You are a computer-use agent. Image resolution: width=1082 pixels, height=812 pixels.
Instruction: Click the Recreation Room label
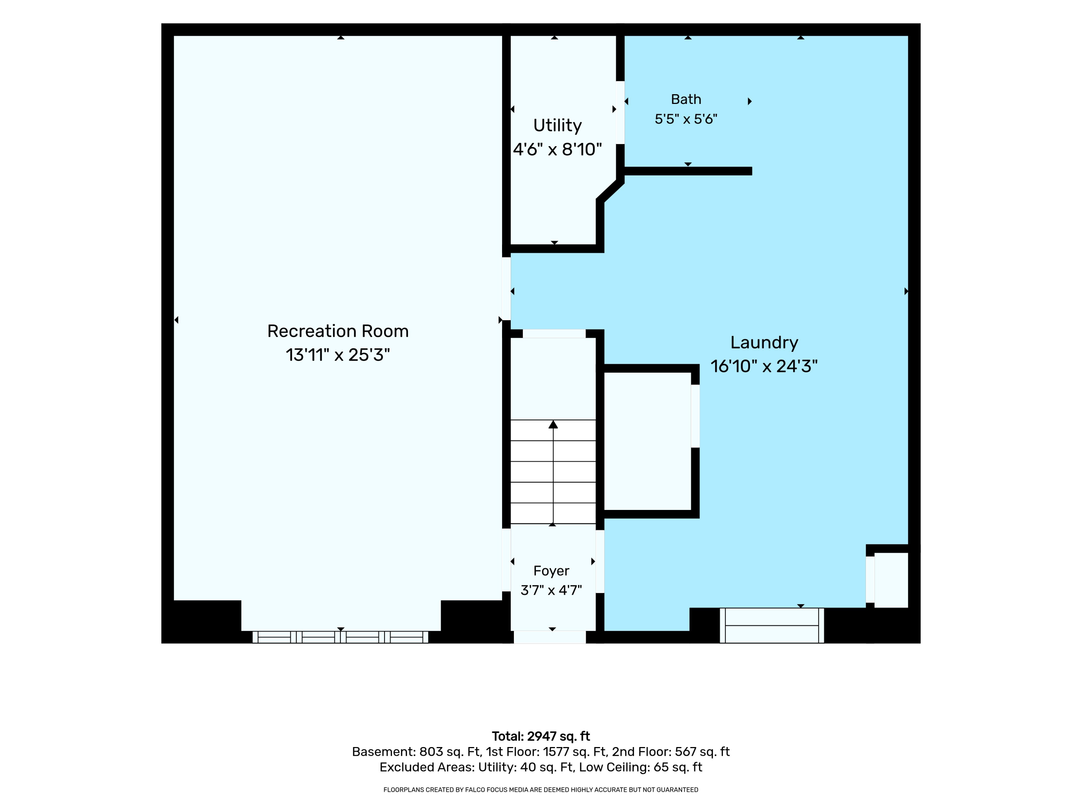click(338, 331)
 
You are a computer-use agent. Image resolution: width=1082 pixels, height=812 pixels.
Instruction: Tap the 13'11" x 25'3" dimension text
click(338, 355)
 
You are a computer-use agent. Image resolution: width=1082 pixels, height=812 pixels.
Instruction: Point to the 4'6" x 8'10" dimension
click(557, 149)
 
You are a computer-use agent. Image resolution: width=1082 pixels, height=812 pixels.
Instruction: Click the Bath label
click(686, 99)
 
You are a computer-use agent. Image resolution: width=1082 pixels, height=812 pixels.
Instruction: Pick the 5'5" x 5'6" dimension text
click(686, 119)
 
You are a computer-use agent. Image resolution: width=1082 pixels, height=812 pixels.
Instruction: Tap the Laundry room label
click(764, 342)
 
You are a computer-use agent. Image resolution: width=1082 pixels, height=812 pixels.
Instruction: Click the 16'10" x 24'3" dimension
click(764, 366)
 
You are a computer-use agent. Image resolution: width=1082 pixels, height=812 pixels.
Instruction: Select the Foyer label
click(551, 571)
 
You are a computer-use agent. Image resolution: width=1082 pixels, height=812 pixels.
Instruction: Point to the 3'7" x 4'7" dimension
click(551, 590)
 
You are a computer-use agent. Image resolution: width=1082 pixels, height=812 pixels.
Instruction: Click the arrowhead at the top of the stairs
click(553, 424)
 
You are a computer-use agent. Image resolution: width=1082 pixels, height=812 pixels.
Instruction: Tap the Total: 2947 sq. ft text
click(541, 736)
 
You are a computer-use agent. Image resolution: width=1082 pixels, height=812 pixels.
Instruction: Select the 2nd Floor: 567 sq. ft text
click(670, 752)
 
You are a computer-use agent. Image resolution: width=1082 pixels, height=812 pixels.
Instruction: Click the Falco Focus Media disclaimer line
click(541, 790)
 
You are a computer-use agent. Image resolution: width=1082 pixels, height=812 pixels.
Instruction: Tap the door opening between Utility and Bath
click(620, 112)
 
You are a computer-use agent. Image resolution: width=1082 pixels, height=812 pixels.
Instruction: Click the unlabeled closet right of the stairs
click(648, 441)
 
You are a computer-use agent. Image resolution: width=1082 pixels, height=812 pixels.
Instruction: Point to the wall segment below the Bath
click(688, 171)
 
